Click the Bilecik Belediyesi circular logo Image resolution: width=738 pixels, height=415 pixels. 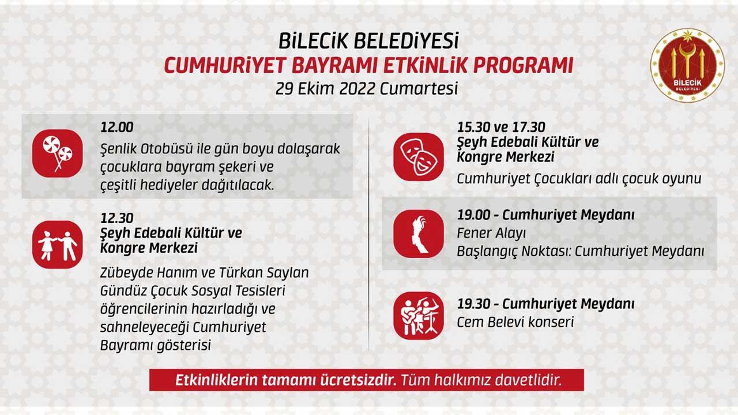coord(687,65)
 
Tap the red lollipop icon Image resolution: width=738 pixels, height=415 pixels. coord(58,153)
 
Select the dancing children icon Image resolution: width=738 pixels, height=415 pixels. coord(58,245)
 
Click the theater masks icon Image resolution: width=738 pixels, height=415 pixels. coord(419,157)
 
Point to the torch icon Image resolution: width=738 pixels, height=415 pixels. coord(419,234)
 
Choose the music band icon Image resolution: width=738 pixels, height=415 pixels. coord(419,315)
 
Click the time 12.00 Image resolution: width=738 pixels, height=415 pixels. coord(117,127)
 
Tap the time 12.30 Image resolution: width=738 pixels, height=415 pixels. coord(117,218)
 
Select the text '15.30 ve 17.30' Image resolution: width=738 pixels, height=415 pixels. coord(501,127)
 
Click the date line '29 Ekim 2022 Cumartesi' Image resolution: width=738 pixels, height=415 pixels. coord(367,89)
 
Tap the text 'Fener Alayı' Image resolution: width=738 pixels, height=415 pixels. coord(491,233)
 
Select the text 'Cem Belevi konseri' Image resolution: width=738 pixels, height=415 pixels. coord(515,322)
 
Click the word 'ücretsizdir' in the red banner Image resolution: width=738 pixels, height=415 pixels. coord(359,380)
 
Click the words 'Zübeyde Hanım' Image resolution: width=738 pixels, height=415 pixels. coord(153,273)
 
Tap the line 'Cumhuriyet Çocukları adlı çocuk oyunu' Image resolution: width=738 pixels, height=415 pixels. coord(579,179)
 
